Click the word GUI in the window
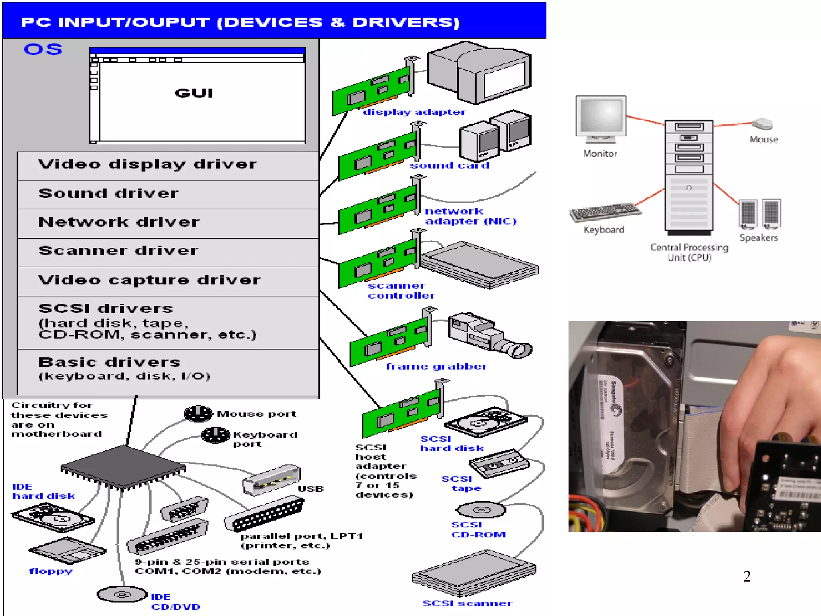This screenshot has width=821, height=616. point(194,93)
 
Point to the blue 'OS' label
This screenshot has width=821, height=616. point(43,49)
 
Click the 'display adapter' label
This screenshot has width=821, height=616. point(414,112)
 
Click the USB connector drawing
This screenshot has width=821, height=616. point(271,479)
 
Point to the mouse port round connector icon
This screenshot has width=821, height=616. point(198,414)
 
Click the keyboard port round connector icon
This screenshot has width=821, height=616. point(216,435)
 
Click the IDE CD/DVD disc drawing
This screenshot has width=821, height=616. point(122,594)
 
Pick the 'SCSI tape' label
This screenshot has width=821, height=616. point(461,483)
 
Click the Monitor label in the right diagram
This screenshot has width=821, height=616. point(600,154)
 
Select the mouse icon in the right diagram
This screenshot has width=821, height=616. point(762,124)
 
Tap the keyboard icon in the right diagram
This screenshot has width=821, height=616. point(605,212)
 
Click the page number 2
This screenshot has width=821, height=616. point(747,576)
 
